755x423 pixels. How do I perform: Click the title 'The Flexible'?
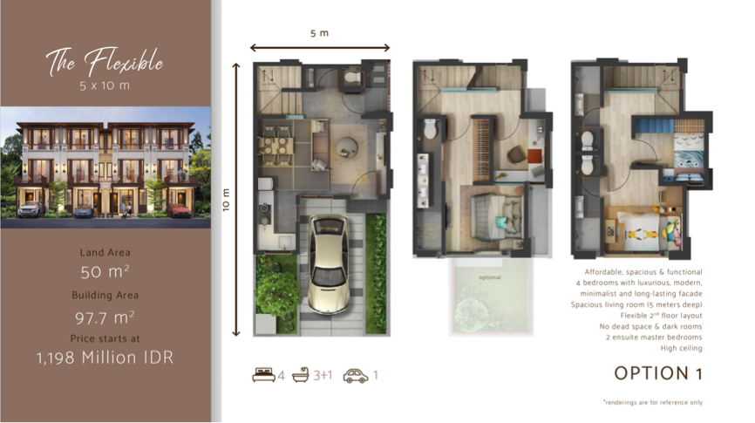tap(105, 62)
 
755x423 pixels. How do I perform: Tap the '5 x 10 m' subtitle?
tap(105, 86)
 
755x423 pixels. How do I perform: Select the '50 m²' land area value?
tap(105, 272)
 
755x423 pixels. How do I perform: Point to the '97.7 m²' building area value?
tap(105, 315)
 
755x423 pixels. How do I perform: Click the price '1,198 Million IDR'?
tap(105, 357)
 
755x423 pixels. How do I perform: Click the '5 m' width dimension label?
tap(320, 34)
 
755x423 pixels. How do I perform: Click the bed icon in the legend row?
tap(262, 376)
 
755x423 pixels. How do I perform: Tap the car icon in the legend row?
tap(354, 376)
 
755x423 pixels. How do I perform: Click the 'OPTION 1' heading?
tap(657, 373)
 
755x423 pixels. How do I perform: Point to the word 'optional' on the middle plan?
tap(490, 278)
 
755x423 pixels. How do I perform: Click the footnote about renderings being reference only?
tap(652, 402)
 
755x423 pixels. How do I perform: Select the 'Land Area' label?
tap(105, 252)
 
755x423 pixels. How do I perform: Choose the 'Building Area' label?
tap(105, 295)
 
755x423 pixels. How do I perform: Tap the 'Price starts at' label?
tap(105, 338)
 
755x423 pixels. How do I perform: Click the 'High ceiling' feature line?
tap(681, 348)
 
